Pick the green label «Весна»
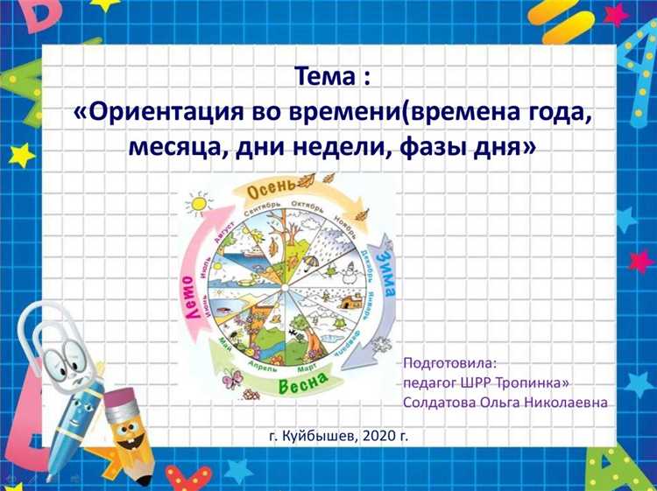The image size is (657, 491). [302, 382]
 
